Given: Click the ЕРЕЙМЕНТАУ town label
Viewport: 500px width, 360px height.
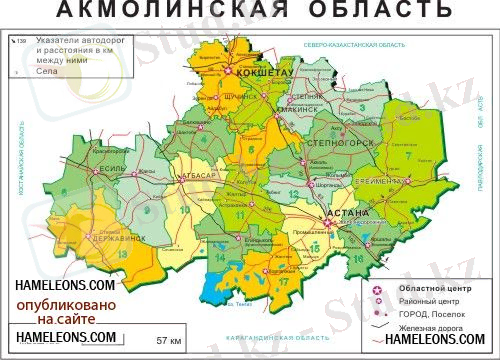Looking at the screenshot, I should tap(381, 180).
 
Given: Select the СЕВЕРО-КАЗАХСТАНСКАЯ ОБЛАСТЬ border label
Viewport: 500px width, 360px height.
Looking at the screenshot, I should tap(354, 46).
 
